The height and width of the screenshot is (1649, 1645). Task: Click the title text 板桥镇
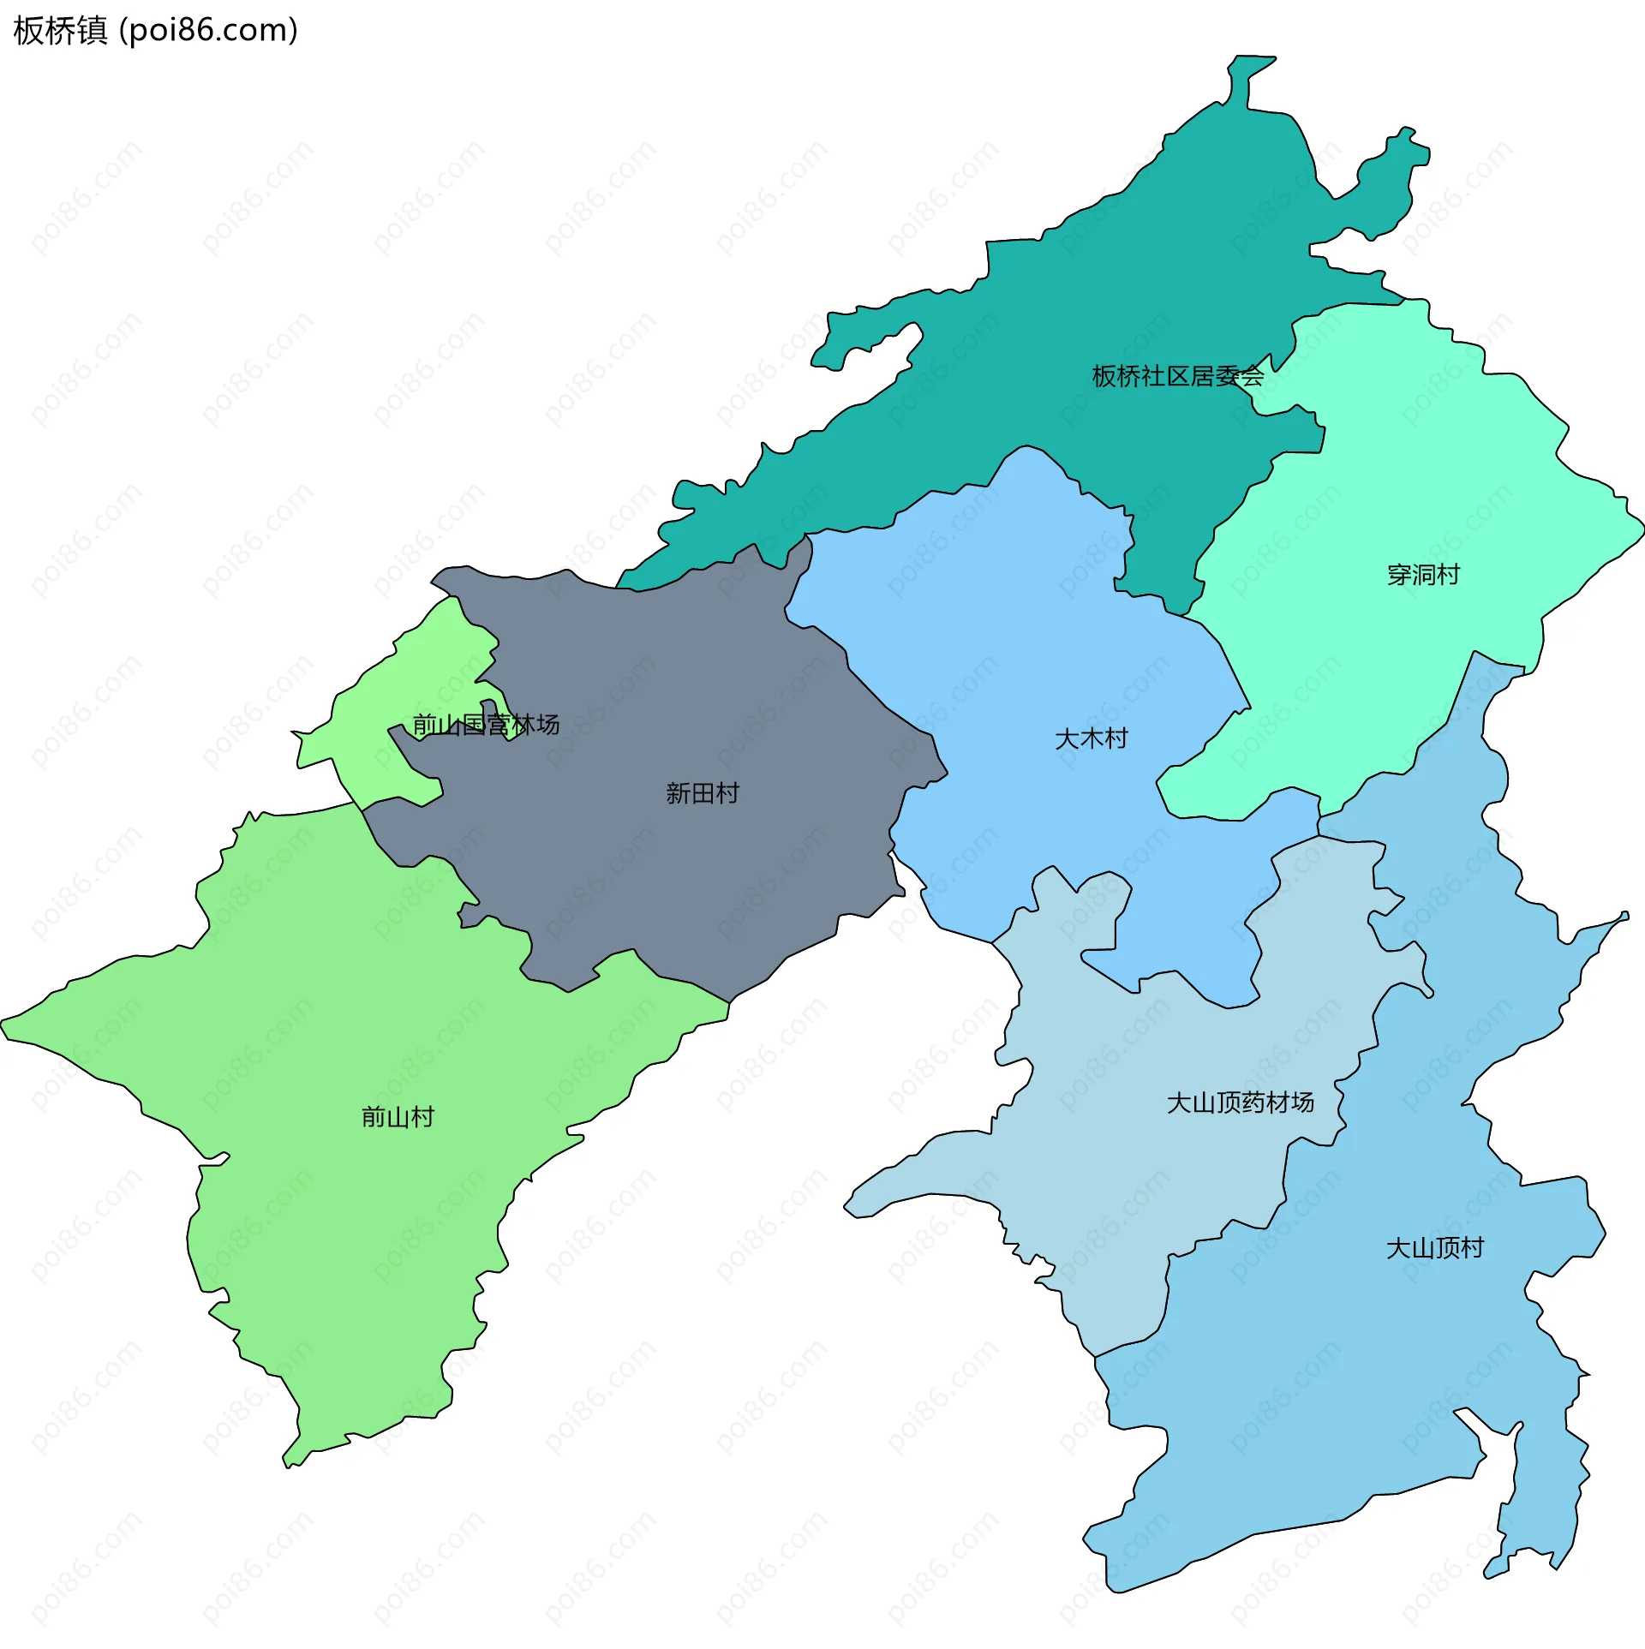point(60,31)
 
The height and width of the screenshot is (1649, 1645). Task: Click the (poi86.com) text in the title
point(208,31)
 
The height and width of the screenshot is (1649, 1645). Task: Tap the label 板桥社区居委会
point(1177,376)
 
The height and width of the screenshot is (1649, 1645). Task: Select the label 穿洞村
point(1423,575)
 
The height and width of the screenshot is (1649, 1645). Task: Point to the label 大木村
point(1091,738)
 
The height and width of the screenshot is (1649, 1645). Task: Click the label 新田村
point(702,793)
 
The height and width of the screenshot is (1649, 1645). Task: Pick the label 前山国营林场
point(486,725)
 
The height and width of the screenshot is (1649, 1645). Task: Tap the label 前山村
point(398,1117)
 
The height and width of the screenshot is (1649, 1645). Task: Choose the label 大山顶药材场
point(1240,1102)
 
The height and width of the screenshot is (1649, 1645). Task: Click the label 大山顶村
point(1434,1248)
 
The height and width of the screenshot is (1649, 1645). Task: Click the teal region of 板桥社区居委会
point(1071,300)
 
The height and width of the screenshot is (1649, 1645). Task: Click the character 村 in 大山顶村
point(1472,1248)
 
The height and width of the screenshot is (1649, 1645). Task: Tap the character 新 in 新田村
point(678,793)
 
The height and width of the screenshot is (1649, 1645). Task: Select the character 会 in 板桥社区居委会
point(1252,376)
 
